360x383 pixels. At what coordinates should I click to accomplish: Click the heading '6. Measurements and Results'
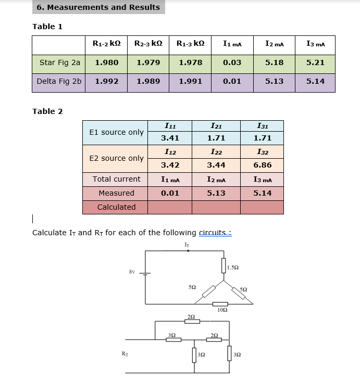(98, 7)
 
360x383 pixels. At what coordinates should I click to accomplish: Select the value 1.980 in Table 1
(106, 62)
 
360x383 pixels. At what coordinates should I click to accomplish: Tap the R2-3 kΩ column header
(148, 44)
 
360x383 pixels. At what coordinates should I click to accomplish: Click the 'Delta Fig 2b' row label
(59, 82)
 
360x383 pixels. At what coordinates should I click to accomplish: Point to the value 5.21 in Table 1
(315, 62)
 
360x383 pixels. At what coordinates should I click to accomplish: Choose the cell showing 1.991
(190, 82)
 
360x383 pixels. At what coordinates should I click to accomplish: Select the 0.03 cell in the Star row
(232, 62)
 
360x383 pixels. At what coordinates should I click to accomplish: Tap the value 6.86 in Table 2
(262, 165)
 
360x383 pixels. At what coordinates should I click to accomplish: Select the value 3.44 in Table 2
(216, 165)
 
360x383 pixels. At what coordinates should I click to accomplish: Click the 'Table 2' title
(47, 111)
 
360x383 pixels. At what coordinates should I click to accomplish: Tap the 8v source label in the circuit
(132, 271)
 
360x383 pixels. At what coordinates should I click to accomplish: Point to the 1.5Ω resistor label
(233, 267)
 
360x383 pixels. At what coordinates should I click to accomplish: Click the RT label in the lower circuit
(125, 354)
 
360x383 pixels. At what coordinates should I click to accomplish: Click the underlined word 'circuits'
(212, 233)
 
